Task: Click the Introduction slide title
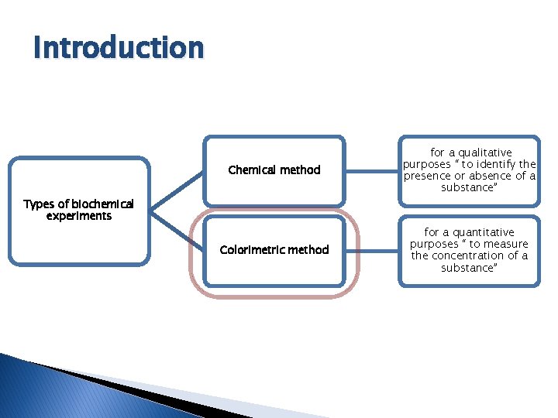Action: tap(119, 48)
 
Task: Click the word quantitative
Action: tap(483, 232)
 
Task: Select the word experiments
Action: tap(78, 216)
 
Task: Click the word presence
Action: tap(426, 176)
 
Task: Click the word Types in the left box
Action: tap(38, 204)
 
